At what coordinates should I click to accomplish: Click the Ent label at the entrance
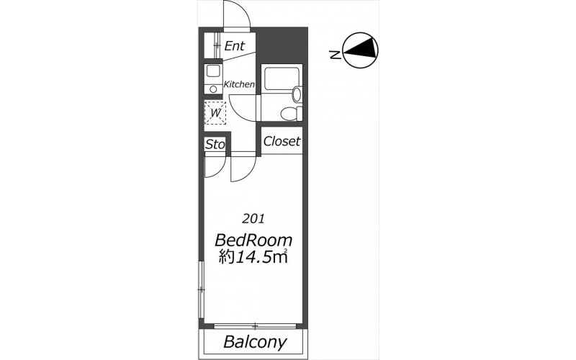pos(235,46)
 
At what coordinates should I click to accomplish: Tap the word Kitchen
pos(239,84)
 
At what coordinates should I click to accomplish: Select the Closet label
pos(282,141)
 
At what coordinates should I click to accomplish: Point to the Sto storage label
pos(215,145)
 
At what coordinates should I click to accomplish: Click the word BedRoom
pos(253,240)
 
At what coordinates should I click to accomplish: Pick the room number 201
pos(253,219)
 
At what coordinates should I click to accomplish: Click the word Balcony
pos(255,342)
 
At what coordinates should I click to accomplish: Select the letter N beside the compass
pos(335,55)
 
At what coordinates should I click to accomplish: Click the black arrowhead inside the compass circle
pos(361,49)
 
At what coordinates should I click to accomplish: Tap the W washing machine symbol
pos(215,113)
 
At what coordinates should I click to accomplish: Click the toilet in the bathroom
pos(291,114)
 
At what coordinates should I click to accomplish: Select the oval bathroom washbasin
pos(297,94)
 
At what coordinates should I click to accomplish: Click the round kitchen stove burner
pos(213,89)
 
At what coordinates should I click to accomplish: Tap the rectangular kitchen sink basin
pos(213,71)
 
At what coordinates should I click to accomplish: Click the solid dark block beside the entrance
pos(282,46)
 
